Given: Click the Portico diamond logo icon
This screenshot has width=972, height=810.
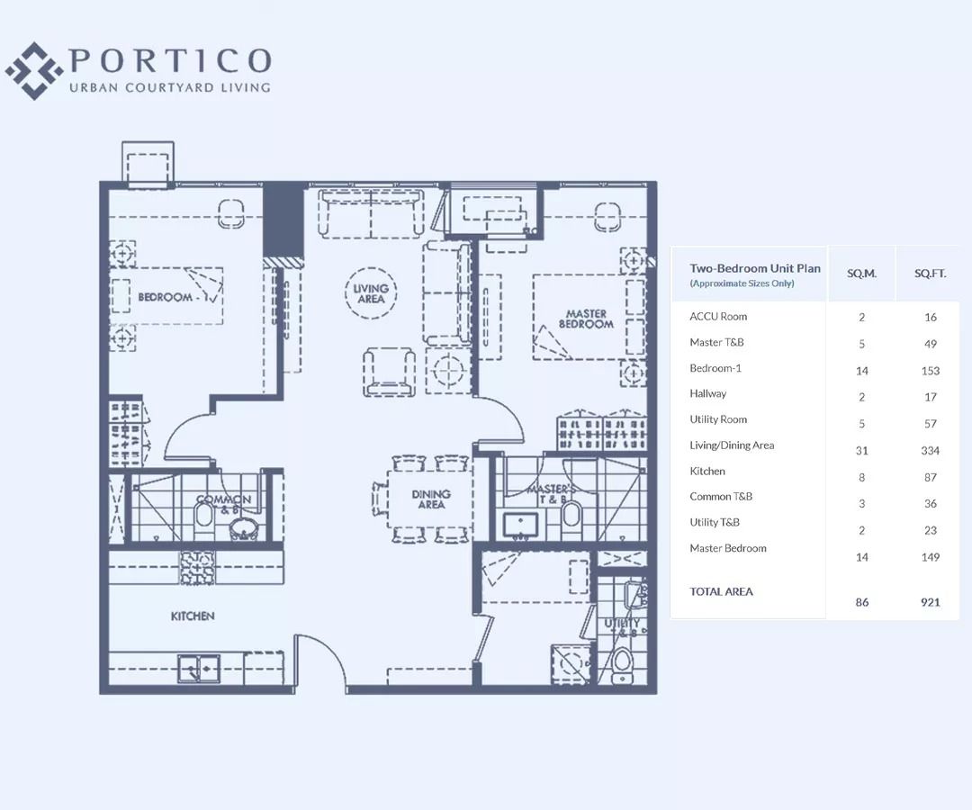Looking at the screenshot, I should click(x=34, y=70).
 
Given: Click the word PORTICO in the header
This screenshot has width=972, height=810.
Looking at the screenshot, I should click(x=170, y=61).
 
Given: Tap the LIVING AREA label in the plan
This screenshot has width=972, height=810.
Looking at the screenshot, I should click(x=370, y=294).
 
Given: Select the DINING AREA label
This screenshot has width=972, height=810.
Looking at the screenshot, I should click(x=431, y=499).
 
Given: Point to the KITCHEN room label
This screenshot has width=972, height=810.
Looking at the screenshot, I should click(x=193, y=616).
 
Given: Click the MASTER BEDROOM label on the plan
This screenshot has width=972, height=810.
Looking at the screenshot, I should click(x=586, y=319).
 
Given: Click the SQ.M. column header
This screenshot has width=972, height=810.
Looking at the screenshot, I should click(x=861, y=273).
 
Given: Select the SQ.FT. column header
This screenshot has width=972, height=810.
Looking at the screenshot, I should click(x=930, y=273).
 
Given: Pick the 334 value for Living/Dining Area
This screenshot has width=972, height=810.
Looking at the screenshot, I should click(x=930, y=450).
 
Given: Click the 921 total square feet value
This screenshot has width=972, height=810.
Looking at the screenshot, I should click(x=930, y=602).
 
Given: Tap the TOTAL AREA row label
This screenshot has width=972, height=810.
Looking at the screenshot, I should click(x=721, y=591).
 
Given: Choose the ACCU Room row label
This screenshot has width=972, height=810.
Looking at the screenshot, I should click(x=718, y=316).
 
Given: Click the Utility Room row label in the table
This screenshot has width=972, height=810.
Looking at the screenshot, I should click(x=718, y=419).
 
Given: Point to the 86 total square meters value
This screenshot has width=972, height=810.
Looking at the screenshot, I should click(x=861, y=602).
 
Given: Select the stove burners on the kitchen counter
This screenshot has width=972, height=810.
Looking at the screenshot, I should click(x=197, y=567).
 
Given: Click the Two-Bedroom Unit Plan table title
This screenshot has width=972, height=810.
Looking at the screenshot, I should click(x=754, y=268).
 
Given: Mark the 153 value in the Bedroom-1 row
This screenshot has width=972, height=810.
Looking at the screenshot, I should click(x=930, y=371).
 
